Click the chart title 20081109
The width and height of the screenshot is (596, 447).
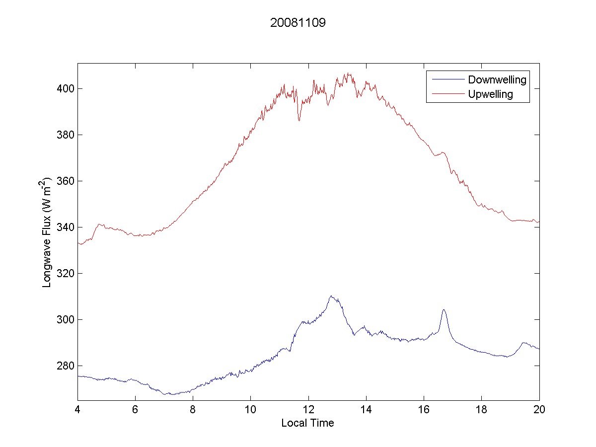298,23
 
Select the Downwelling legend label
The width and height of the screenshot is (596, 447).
497,79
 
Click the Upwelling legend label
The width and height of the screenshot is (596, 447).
490,94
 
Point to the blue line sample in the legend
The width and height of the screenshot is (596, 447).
447,79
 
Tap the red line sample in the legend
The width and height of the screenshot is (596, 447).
447,94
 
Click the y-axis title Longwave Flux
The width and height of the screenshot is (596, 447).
48,231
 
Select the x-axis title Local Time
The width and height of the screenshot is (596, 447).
307,423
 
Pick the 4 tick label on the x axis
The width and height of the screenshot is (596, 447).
77,409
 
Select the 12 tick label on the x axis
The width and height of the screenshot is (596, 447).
308,409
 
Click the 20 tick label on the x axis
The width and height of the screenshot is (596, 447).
539,409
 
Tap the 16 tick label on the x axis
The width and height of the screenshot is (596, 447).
424,409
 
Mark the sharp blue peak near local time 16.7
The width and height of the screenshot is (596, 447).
444,310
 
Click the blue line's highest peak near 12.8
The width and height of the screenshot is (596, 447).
331,296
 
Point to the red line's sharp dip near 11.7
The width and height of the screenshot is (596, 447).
299,120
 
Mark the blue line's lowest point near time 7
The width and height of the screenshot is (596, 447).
164,394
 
